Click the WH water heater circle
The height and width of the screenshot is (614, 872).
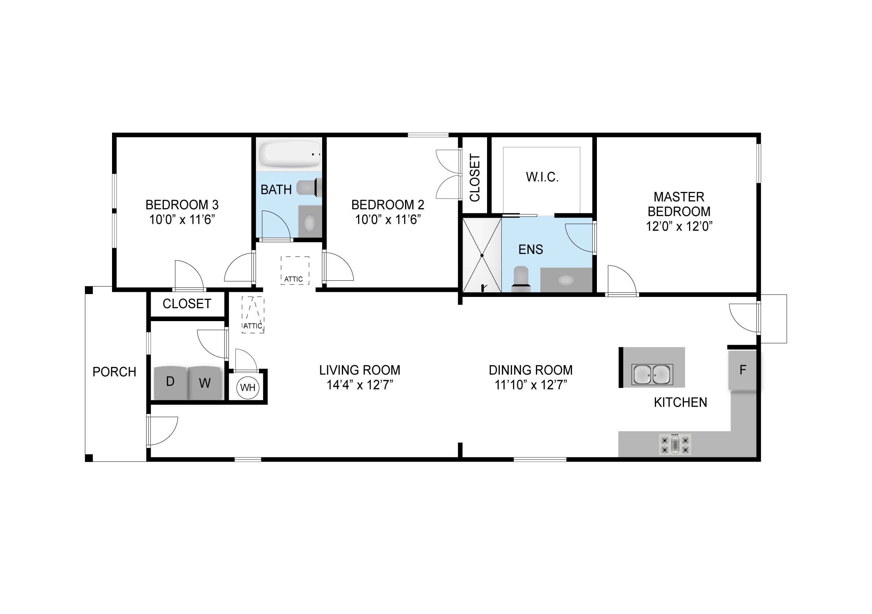(x=248, y=388)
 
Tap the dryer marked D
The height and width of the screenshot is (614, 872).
(x=170, y=382)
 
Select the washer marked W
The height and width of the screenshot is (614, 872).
(x=204, y=382)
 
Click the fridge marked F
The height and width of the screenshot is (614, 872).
(x=742, y=370)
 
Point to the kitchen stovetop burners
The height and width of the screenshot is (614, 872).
(x=675, y=444)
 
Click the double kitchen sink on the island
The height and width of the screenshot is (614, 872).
(x=652, y=374)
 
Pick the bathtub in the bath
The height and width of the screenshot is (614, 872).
(x=289, y=155)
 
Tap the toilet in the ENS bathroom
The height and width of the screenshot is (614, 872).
(x=521, y=279)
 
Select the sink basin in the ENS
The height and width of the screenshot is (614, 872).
(x=566, y=280)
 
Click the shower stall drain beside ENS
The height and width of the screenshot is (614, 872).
(x=482, y=255)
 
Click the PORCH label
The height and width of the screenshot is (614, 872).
(x=114, y=372)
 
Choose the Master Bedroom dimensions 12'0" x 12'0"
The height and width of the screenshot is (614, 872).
(x=679, y=226)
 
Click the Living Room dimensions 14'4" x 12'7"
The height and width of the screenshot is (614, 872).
(x=360, y=385)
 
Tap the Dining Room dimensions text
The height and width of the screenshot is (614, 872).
(x=530, y=385)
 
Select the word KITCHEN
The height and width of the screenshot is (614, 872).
(x=681, y=402)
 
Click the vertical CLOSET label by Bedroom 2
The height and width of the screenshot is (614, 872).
(x=475, y=178)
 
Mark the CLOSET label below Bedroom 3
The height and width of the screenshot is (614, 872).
(x=187, y=304)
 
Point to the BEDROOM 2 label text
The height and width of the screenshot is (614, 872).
(x=388, y=205)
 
